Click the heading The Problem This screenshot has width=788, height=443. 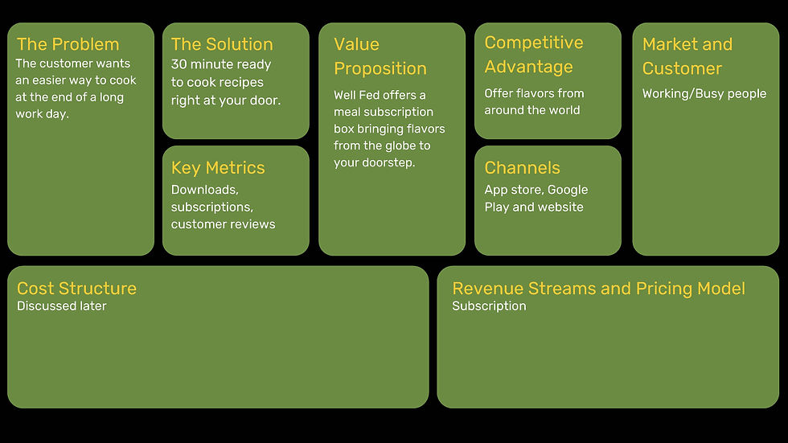click(x=68, y=44)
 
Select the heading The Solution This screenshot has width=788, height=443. click(x=222, y=44)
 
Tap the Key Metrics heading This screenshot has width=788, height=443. click(x=218, y=167)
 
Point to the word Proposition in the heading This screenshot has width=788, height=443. click(x=380, y=68)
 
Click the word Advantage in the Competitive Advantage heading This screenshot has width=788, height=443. click(x=528, y=67)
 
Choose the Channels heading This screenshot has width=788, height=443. click(x=522, y=167)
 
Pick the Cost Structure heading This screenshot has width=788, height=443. click(x=76, y=288)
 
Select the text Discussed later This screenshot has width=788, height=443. click(x=61, y=306)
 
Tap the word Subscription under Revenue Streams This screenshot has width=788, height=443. click(x=489, y=306)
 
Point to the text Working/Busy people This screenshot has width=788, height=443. click(x=704, y=93)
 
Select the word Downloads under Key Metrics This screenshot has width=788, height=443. click(x=204, y=190)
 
